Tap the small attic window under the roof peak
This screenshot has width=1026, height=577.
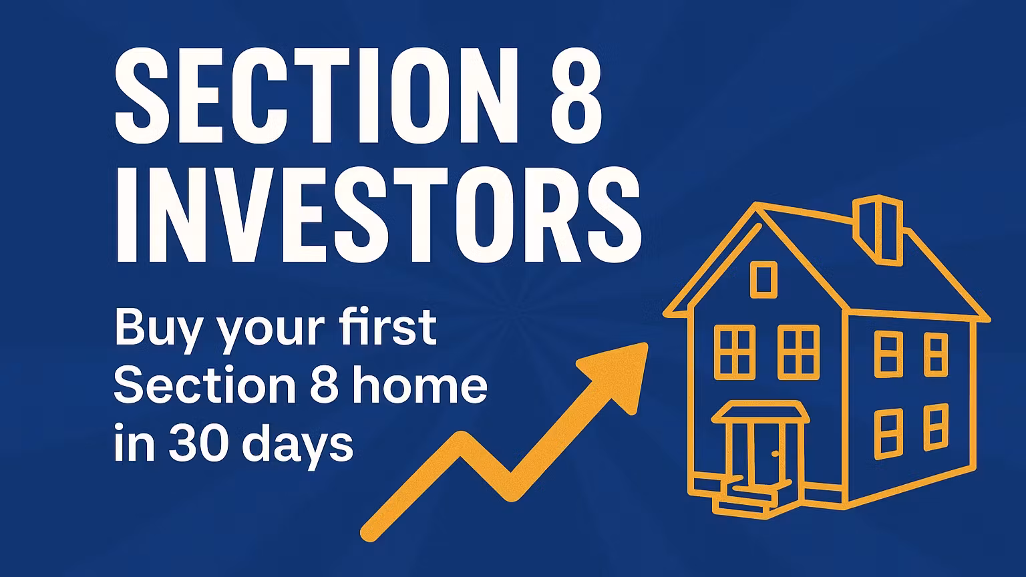click(763, 279)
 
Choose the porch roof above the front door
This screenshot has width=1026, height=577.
click(760, 412)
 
